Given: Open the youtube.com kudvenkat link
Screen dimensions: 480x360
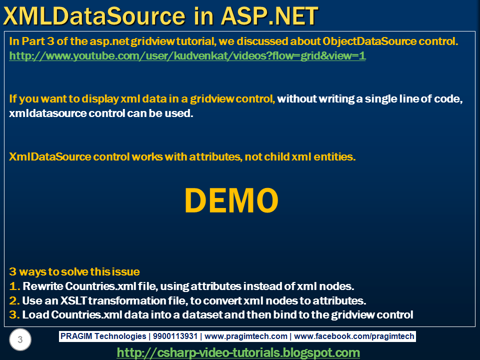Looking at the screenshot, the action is (x=187, y=56).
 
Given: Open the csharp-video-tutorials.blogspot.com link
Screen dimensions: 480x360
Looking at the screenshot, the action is (x=238, y=352).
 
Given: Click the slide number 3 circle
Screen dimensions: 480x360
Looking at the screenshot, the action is (x=20, y=340).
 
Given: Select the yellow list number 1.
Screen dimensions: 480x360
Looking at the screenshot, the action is (x=14, y=286).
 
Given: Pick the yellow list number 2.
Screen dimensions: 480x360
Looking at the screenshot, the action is (x=14, y=301).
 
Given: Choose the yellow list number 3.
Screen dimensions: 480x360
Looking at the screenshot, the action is (x=14, y=315).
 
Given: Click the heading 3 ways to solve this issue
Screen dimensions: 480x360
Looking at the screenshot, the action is (x=74, y=272).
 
